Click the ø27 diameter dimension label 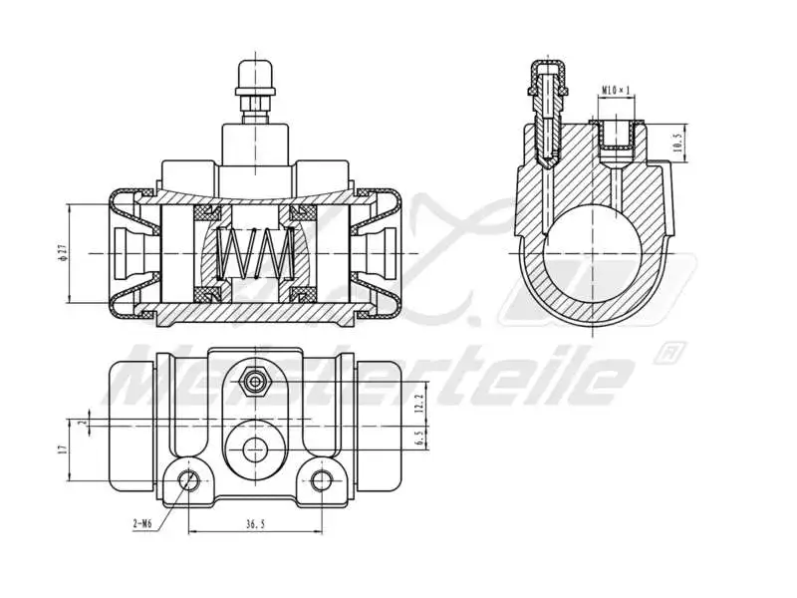[62, 252]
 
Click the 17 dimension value [62, 451]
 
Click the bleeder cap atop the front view [255, 76]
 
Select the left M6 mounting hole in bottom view [186, 481]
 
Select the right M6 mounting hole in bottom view [321, 481]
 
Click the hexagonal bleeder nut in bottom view [255, 382]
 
